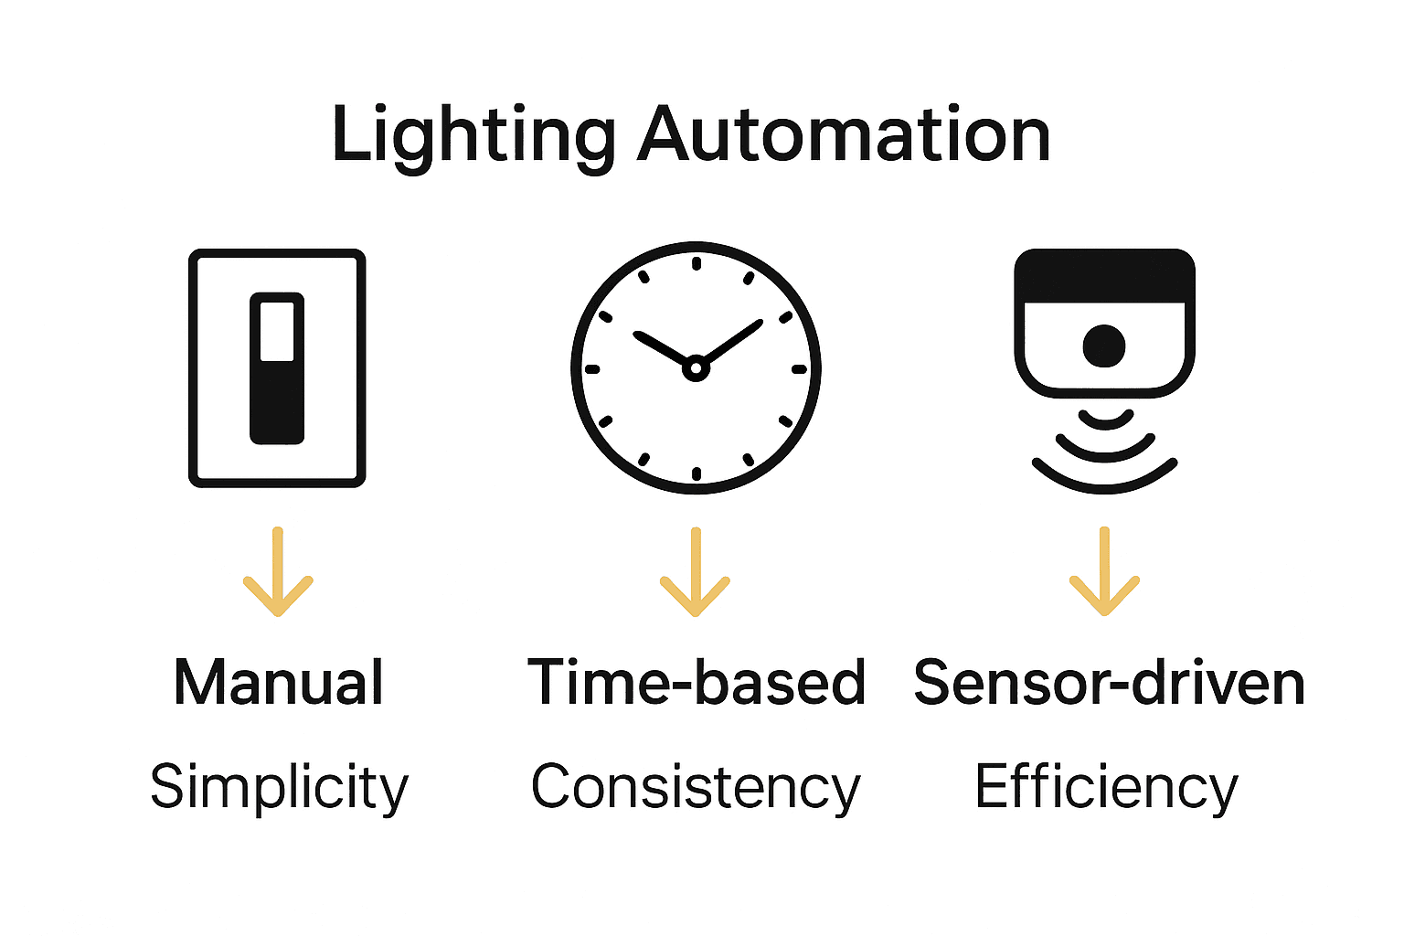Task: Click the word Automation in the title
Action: [843, 135]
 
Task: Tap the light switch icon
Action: [277, 367]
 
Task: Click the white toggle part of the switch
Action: [277, 331]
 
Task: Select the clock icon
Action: [696, 367]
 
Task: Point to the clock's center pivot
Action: [696, 368]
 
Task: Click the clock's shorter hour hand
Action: [661, 348]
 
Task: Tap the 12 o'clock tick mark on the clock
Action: [697, 264]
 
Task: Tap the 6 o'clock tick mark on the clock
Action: [697, 473]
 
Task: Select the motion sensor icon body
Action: [1104, 323]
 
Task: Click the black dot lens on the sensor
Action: [1104, 346]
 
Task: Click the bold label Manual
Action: [278, 683]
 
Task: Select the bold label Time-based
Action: [696, 683]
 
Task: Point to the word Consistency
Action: [696, 787]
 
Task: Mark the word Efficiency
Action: [1105, 787]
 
